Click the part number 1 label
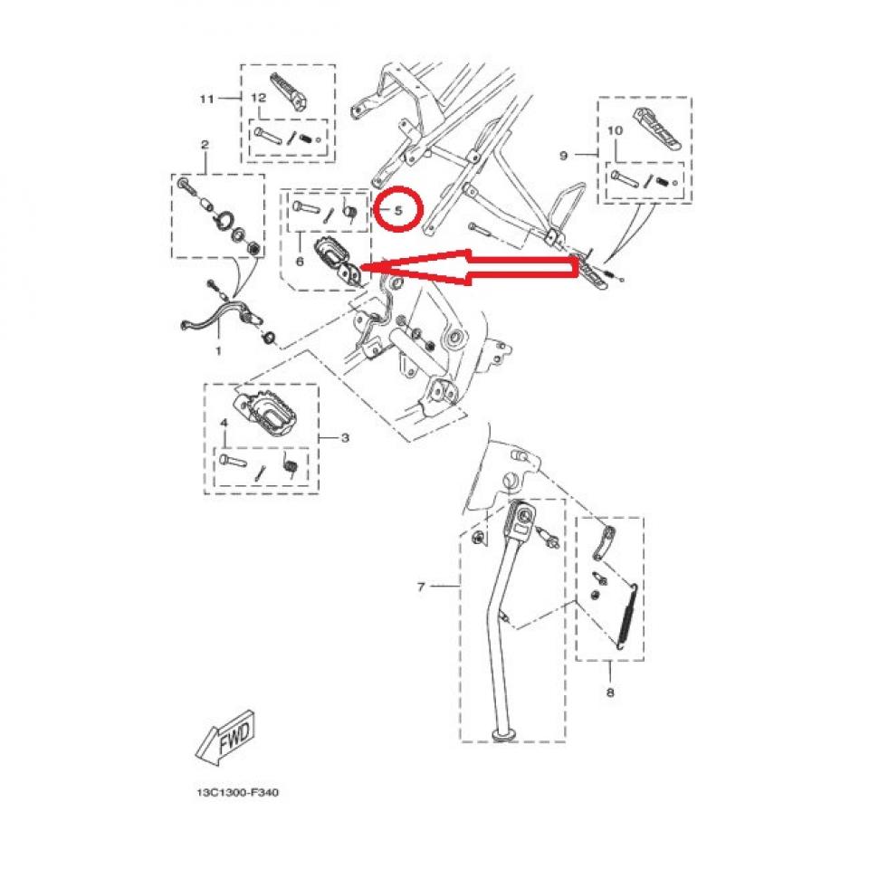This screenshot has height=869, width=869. tap(218, 349)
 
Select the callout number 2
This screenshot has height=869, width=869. tap(205, 145)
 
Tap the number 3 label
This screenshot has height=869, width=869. tap(345, 438)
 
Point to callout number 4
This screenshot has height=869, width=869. tap(224, 423)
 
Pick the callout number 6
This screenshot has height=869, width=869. tap(300, 262)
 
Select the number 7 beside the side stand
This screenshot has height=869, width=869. tap(421, 587)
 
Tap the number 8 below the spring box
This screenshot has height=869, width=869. tap(609, 693)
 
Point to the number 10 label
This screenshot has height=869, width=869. tap(616, 131)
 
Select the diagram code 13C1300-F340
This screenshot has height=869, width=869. tap(237, 792)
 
